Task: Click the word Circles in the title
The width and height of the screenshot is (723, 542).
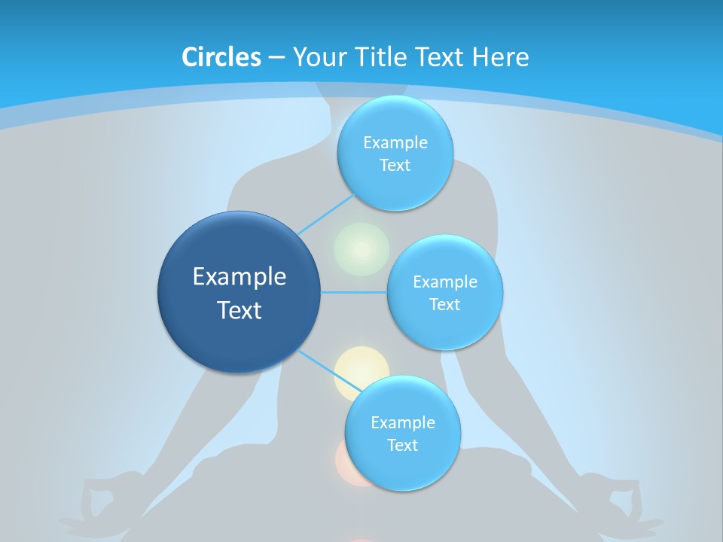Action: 221,56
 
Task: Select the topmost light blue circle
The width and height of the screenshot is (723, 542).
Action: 395,154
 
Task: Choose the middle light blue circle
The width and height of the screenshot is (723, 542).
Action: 444,292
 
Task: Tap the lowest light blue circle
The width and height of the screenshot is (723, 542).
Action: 402,433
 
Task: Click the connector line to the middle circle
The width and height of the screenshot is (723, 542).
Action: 354,292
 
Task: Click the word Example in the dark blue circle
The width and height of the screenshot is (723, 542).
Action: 239,276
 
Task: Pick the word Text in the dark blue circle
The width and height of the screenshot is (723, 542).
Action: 239,310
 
